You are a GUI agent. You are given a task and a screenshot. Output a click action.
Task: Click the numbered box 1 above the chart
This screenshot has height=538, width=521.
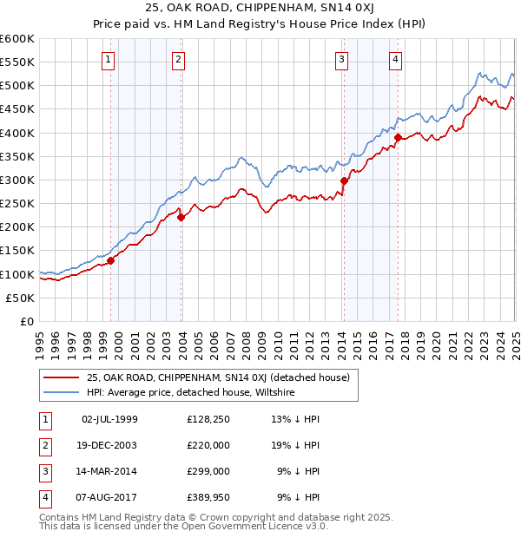click(x=108, y=60)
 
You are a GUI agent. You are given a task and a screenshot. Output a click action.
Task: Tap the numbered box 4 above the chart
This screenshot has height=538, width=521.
click(x=395, y=60)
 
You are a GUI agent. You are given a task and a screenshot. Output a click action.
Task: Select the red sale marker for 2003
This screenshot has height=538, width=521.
click(x=181, y=218)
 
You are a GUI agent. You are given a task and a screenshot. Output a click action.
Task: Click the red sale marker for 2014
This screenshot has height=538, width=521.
click(x=344, y=180)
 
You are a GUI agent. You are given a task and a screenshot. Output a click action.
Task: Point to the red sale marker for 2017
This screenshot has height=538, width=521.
click(x=398, y=137)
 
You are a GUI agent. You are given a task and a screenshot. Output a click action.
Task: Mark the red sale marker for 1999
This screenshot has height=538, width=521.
click(x=111, y=260)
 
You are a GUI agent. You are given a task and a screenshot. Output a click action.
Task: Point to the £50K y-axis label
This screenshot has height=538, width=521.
click(x=20, y=298)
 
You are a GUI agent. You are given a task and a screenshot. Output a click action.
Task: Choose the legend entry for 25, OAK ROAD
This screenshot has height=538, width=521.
click(x=218, y=377)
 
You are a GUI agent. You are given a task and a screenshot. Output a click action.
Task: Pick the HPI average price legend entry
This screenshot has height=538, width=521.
click(x=191, y=392)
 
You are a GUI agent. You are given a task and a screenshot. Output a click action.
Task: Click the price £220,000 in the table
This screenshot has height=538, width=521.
click(x=208, y=445)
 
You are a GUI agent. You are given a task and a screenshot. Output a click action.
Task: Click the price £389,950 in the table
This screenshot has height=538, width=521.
click(x=208, y=497)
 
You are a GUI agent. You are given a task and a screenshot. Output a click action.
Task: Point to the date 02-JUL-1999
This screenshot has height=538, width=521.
click(x=109, y=419)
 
